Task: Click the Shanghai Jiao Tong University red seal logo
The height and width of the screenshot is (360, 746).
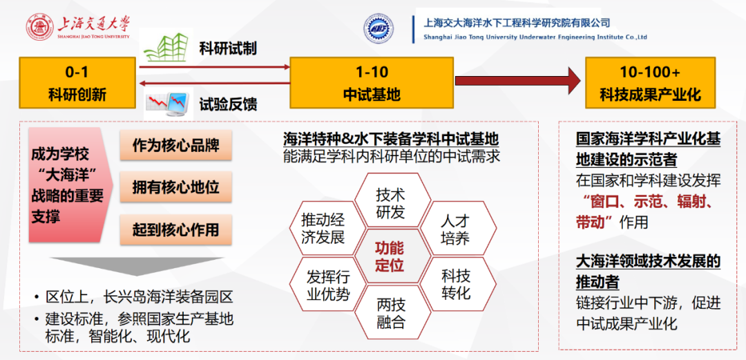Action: click(x=39, y=28)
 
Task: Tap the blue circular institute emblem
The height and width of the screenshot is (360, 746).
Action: click(x=379, y=28)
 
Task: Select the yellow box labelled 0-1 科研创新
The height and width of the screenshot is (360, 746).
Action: click(x=77, y=82)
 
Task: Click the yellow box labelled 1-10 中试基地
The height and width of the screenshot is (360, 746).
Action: click(x=371, y=82)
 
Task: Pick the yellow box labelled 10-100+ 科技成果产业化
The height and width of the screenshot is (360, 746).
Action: click(x=651, y=82)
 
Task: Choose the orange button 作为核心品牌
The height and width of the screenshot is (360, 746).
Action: click(x=175, y=145)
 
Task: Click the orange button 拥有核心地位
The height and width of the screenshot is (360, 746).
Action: click(x=175, y=187)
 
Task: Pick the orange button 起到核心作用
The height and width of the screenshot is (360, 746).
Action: click(x=175, y=229)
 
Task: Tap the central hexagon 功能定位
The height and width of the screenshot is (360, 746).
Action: click(x=390, y=256)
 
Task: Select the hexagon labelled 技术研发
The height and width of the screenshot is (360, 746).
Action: click(x=390, y=202)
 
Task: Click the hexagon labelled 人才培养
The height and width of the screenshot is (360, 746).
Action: click(x=455, y=229)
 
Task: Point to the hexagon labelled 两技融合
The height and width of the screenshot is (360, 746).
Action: click(x=390, y=312)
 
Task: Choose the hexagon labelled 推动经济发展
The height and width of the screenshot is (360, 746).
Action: click(x=323, y=229)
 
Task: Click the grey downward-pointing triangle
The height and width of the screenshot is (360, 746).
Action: click(x=137, y=268)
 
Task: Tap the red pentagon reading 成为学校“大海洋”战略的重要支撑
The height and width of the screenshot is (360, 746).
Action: click(x=70, y=184)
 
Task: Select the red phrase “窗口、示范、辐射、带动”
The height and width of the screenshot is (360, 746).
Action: click(x=644, y=212)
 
